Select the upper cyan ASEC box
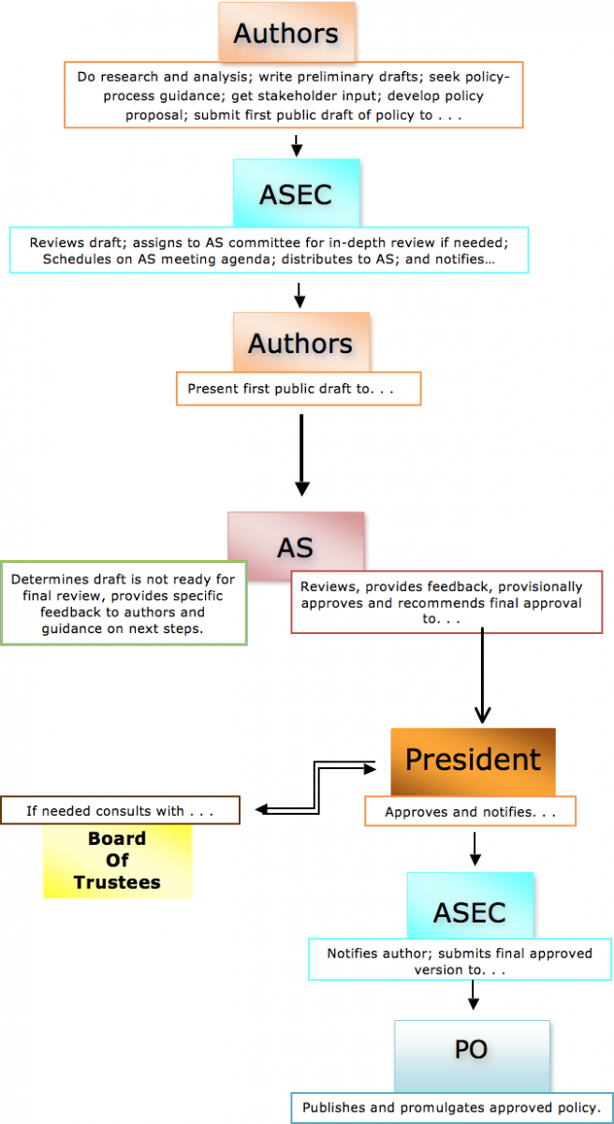296,193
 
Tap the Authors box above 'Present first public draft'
300,343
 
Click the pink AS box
296,547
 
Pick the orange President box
473,760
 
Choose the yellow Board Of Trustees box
117,861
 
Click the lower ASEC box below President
470,911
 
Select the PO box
472,1051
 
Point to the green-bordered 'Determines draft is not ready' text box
124,603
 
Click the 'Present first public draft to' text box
299,389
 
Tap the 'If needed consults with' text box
121,810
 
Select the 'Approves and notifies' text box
470,812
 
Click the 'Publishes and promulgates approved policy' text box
451,1107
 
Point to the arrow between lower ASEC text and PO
473,997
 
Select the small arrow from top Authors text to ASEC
296,144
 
